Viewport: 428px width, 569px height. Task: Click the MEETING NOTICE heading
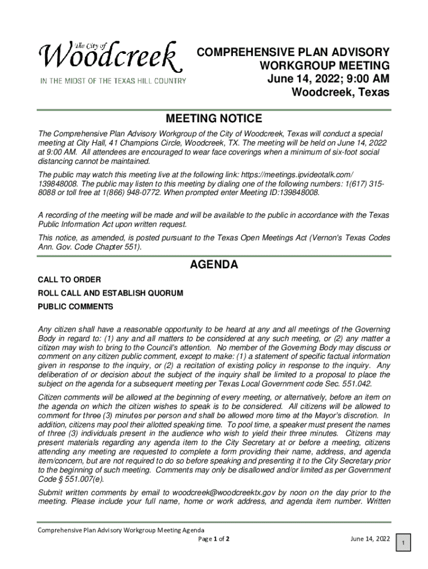[214, 118]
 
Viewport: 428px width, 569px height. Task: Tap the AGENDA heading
[214, 265]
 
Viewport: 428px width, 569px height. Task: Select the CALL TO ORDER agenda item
[69, 279]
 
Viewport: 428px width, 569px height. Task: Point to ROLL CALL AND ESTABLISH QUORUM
[110, 293]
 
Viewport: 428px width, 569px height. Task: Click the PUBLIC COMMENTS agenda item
[75, 307]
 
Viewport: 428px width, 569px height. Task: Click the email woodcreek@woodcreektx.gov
[224, 492]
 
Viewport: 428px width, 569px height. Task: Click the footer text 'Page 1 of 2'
[214, 539]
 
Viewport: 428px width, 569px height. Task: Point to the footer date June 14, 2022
[370, 539]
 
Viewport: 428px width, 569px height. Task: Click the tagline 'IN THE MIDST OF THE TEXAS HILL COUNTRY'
[112, 81]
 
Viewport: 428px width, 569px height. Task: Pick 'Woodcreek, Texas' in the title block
[341, 92]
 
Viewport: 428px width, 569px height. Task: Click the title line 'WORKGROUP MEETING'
[325, 66]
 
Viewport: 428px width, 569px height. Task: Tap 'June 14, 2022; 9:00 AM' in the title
[328, 79]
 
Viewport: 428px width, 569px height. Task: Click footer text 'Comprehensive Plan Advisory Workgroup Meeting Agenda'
[121, 531]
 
